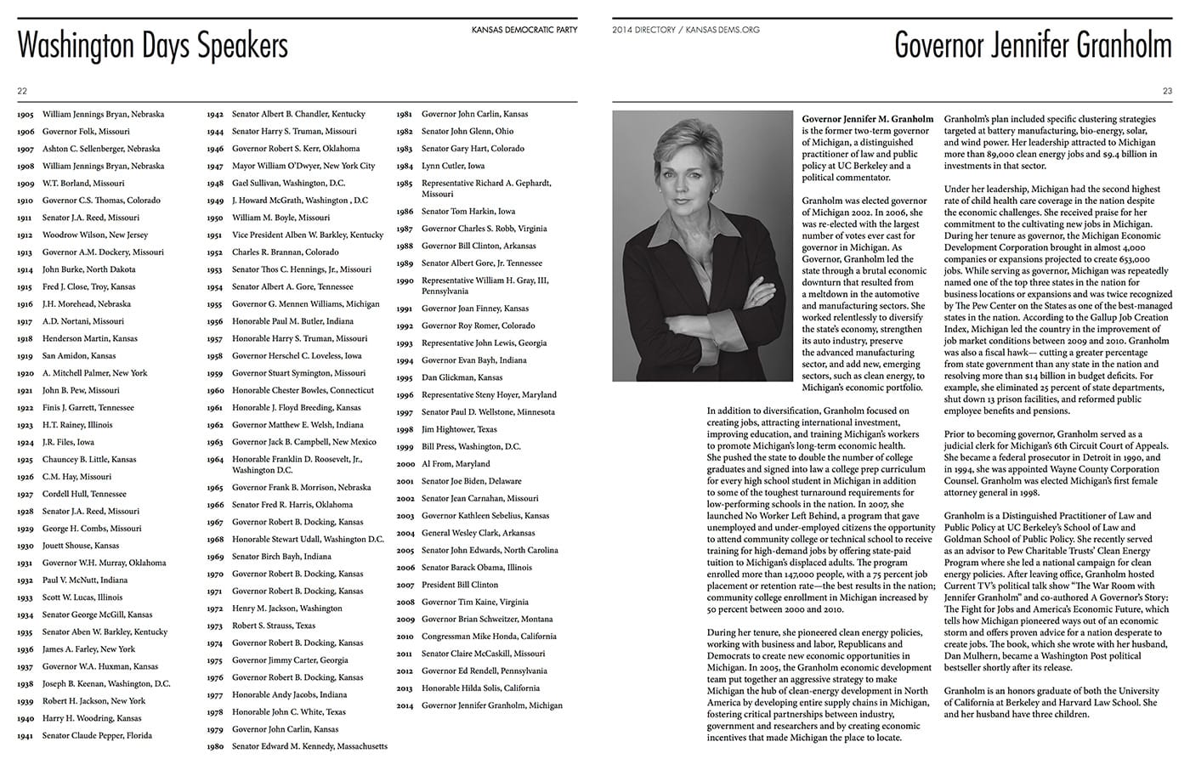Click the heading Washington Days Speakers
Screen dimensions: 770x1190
click(x=152, y=46)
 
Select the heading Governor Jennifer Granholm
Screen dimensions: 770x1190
click(x=1033, y=46)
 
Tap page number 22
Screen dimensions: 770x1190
click(x=22, y=91)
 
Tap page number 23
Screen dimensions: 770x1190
click(x=1167, y=91)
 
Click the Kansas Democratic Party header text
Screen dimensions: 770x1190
click(x=524, y=30)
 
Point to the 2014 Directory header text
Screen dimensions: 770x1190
click(x=685, y=30)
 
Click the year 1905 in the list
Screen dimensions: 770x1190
click(x=25, y=114)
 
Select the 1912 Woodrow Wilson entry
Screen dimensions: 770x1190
click(x=94, y=235)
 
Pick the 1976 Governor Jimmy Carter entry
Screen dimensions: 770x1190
click(x=290, y=660)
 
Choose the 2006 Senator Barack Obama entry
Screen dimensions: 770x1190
click(x=476, y=567)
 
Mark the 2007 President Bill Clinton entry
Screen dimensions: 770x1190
click(x=459, y=585)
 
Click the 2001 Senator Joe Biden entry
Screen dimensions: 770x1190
click(x=471, y=481)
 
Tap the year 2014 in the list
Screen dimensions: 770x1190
click(x=405, y=705)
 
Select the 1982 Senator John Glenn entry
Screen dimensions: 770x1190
click(x=467, y=131)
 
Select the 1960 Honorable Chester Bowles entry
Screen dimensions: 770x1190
click(x=302, y=390)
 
